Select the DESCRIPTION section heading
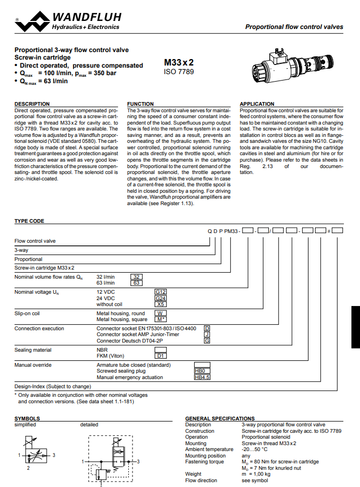coord(32,104)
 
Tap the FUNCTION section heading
coord(141,104)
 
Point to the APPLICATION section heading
coord(257,104)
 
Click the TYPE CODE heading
coord(30,221)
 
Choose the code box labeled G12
coord(161,292)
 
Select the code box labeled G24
coord(161,298)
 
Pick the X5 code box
coord(161,304)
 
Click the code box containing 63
coord(137,283)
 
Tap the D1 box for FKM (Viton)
coord(161,355)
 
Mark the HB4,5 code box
coord(202,377)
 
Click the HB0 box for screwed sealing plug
coord(202,371)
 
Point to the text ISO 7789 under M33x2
coord(179,71)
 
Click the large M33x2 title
coord(179,62)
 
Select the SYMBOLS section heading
coord(27,418)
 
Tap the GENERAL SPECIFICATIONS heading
coord(220,418)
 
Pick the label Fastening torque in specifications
coord(204,462)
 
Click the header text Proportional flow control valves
coord(293,27)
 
